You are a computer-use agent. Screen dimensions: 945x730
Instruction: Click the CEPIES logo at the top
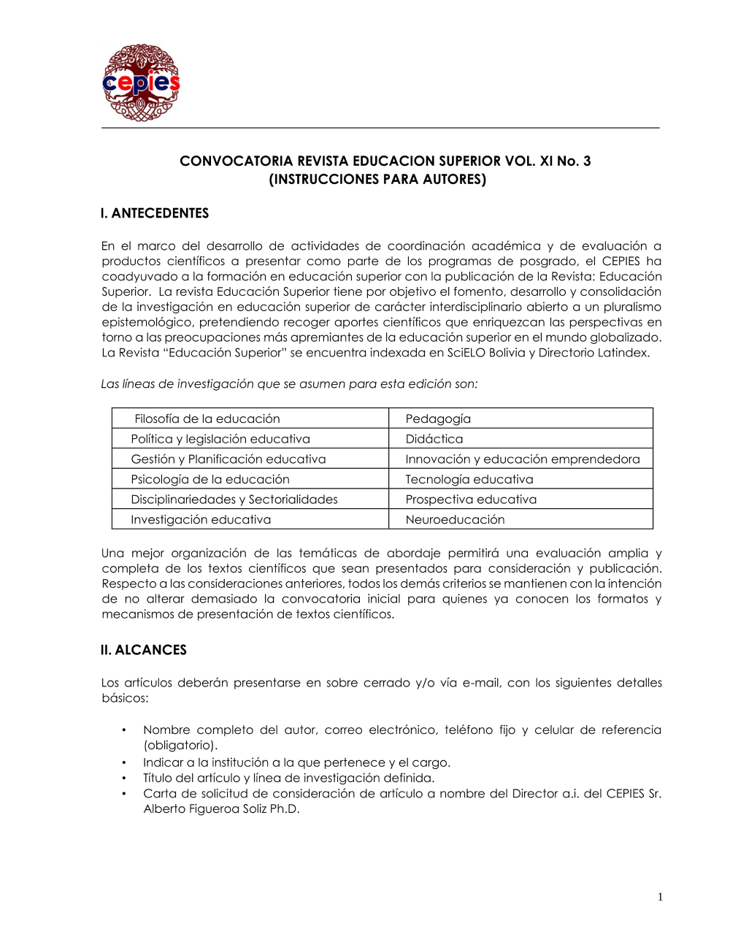click(141, 83)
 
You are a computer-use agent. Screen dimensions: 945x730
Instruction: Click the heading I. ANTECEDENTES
click(155, 213)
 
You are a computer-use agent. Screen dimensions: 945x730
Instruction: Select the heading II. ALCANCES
click(144, 650)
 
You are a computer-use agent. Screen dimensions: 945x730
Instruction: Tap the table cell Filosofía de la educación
click(207, 418)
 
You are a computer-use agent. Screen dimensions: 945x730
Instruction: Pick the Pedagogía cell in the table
click(438, 418)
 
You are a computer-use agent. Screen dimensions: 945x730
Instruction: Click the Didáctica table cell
click(434, 439)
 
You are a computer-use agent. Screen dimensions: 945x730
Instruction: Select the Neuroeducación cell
click(455, 519)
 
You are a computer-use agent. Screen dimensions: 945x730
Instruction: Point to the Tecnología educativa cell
click(469, 479)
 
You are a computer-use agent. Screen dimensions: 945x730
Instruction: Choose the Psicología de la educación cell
click(210, 479)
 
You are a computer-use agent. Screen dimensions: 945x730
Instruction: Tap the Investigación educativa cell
click(201, 519)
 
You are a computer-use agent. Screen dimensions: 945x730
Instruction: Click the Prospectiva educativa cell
click(471, 500)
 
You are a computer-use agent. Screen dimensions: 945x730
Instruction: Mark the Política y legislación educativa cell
click(220, 439)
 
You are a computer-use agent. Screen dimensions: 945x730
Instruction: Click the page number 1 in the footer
click(660, 898)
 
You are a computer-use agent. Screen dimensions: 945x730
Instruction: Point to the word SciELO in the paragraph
click(466, 353)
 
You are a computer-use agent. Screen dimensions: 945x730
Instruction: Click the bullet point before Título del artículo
click(124, 778)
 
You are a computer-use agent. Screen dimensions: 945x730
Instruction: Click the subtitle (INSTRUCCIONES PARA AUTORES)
click(377, 180)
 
